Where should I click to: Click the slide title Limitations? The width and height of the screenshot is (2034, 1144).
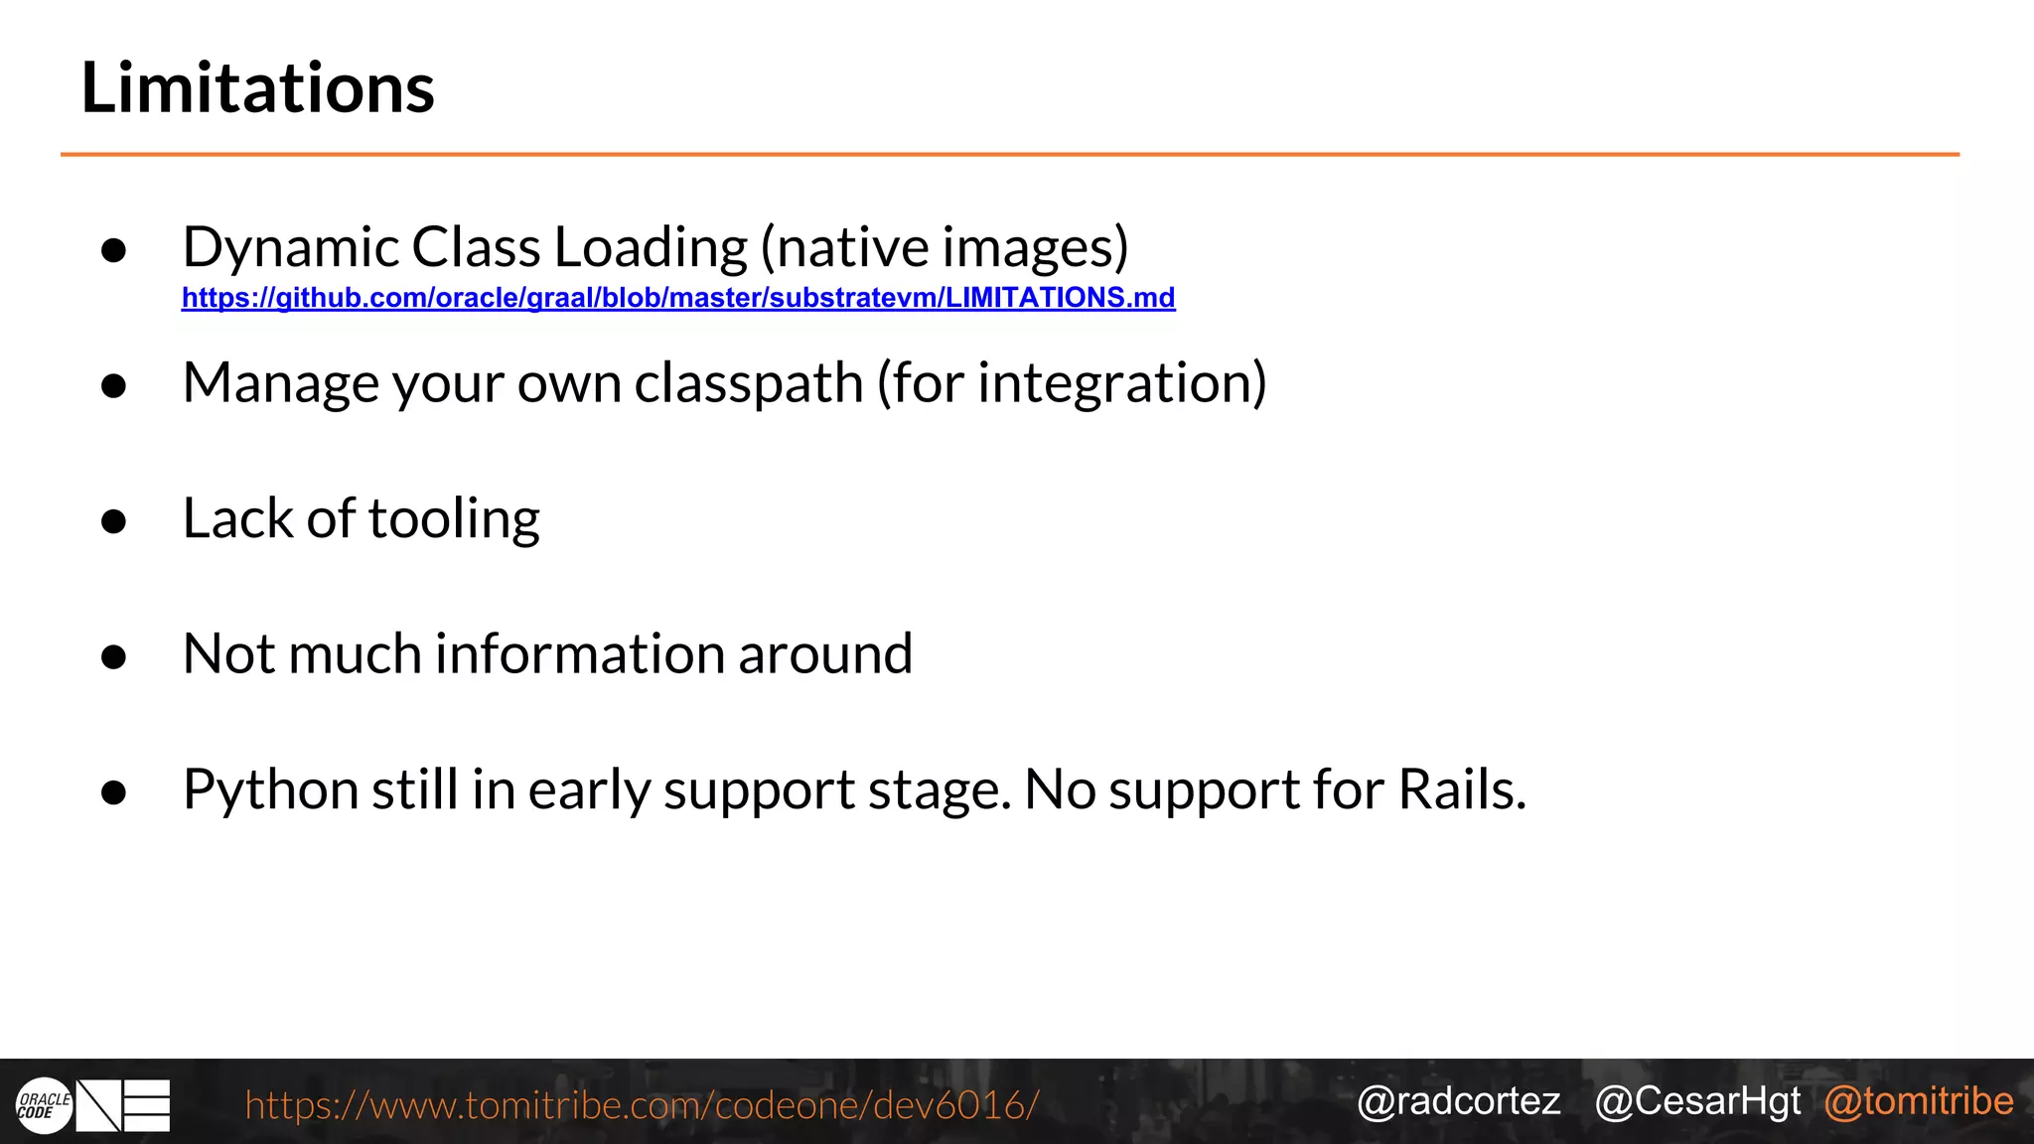click(257, 88)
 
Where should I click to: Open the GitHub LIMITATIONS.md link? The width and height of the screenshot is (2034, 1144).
click(678, 298)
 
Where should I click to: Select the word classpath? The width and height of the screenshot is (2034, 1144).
click(749, 383)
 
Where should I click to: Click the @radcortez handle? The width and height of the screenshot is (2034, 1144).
click(1458, 1101)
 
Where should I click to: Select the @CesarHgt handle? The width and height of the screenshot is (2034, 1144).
click(1697, 1101)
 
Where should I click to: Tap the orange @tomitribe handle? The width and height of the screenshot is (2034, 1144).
click(1919, 1101)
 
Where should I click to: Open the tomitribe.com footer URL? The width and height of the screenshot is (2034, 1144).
click(642, 1104)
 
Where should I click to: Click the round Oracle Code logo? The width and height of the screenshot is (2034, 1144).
click(44, 1105)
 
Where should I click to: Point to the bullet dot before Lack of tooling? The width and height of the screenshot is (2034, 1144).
click(114, 521)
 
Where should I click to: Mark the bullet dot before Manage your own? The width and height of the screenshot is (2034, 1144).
click(114, 385)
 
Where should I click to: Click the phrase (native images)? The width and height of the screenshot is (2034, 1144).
click(944, 247)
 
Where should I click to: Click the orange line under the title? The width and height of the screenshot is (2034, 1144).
click(1009, 155)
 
